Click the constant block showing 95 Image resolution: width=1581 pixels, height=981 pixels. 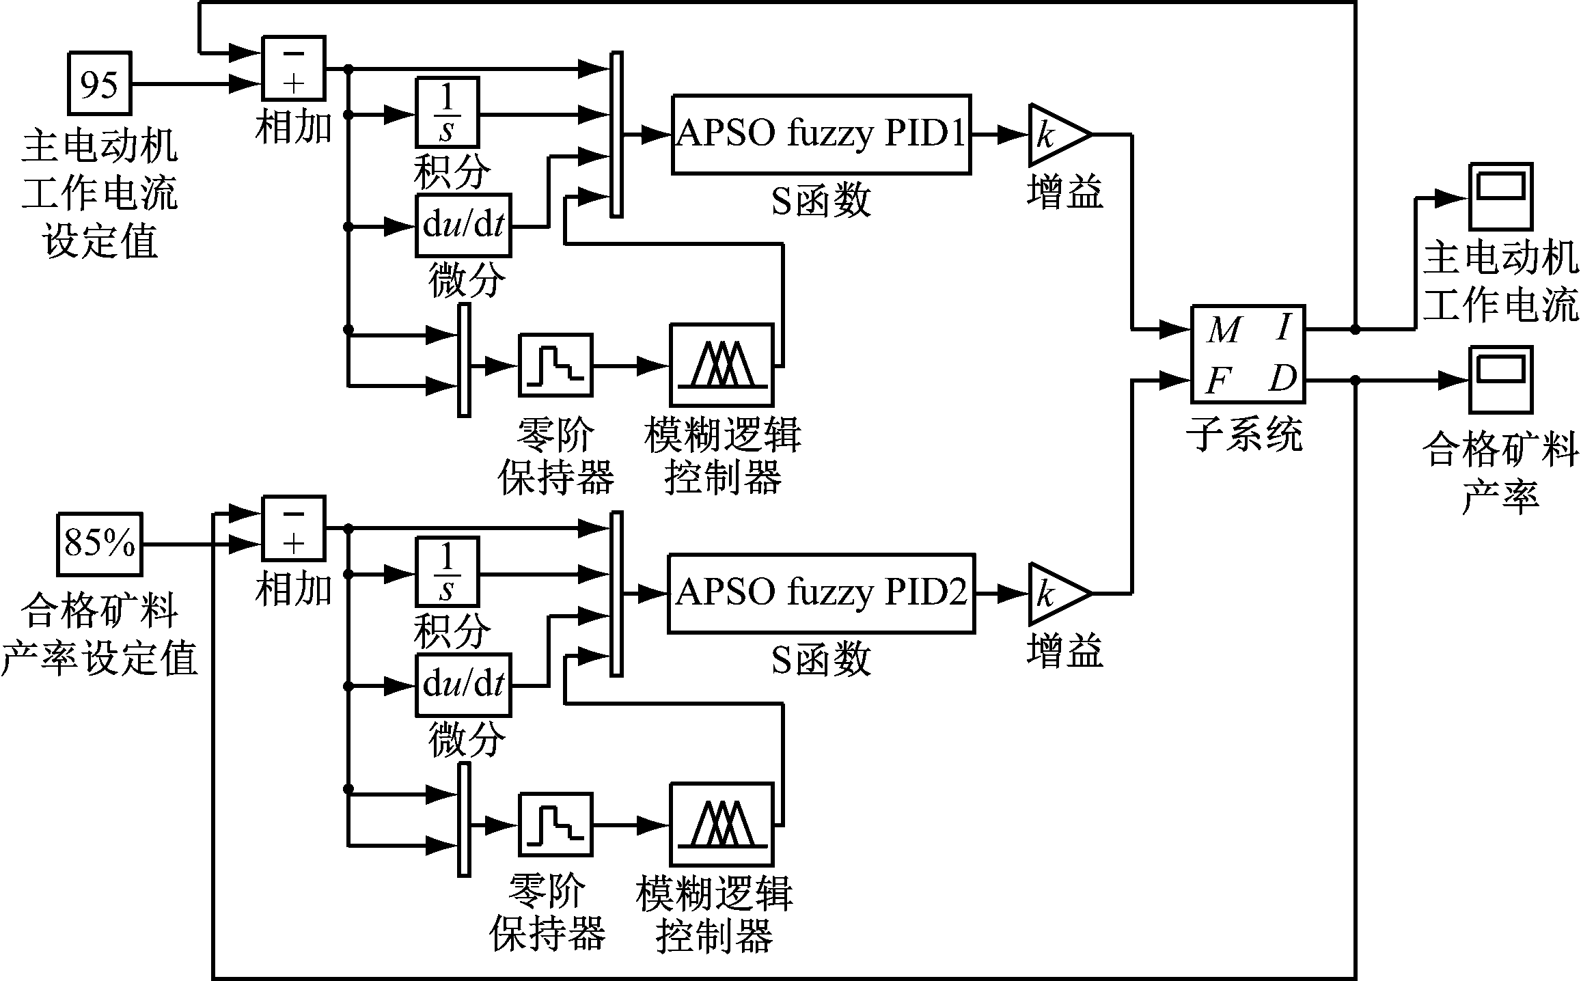point(99,83)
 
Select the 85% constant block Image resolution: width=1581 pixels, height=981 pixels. point(99,544)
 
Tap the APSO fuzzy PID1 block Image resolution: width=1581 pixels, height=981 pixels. point(821,134)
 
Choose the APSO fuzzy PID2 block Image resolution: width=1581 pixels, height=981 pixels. point(821,594)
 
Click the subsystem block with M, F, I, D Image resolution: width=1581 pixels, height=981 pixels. point(1248,354)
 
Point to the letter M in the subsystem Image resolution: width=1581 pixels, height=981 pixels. point(1223,330)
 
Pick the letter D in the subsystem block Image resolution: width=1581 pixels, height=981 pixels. point(1282,378)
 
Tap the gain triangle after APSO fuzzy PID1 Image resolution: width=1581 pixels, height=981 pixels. point(1056,135)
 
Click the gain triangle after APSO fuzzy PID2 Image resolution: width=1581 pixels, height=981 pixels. point(1056,594)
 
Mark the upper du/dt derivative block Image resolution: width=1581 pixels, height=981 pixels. point(463,225)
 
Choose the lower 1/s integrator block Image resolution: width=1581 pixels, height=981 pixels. point(447,572)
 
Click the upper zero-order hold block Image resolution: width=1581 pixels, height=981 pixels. point(555,365)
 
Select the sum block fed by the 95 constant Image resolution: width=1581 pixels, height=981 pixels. point(294,68)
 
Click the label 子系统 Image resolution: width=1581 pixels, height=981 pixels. point(1248,434)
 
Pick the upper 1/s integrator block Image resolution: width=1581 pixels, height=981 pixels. point(447,112)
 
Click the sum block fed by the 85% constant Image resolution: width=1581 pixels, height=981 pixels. point(294,528)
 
